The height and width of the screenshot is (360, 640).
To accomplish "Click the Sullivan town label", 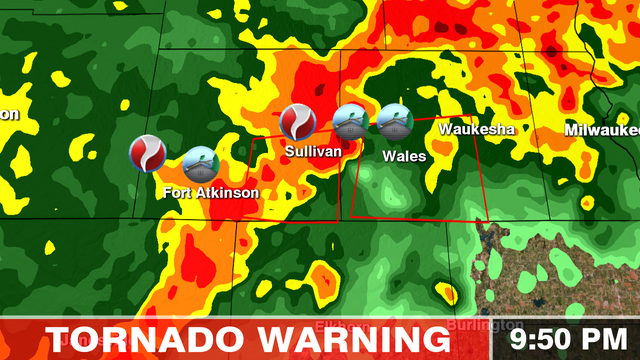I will click(313, 151).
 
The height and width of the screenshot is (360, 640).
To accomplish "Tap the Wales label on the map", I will click(404, 156).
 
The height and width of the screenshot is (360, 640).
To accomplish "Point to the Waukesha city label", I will click(476, 130).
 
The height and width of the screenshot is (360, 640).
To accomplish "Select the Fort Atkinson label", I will click(211, 193).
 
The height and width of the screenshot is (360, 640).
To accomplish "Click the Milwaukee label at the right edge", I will click(601, 130).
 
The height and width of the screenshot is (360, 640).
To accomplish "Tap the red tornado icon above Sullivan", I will click(298, 122).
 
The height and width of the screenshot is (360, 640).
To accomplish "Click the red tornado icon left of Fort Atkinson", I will click(148, 153).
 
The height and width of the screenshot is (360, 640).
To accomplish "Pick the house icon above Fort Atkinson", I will click(201, 164).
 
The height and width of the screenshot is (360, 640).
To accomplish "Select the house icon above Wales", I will click(394, 122).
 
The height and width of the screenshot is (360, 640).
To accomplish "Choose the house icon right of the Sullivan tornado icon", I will click(350, 122).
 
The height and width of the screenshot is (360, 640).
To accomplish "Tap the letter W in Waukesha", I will click(447, 130).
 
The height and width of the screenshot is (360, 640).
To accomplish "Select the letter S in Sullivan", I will click(289, 151).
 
